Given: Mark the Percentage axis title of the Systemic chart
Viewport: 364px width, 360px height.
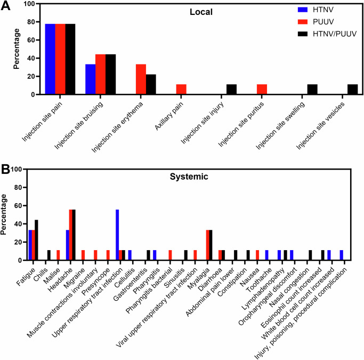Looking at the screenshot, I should pyautogui.click(x=5, y=215).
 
